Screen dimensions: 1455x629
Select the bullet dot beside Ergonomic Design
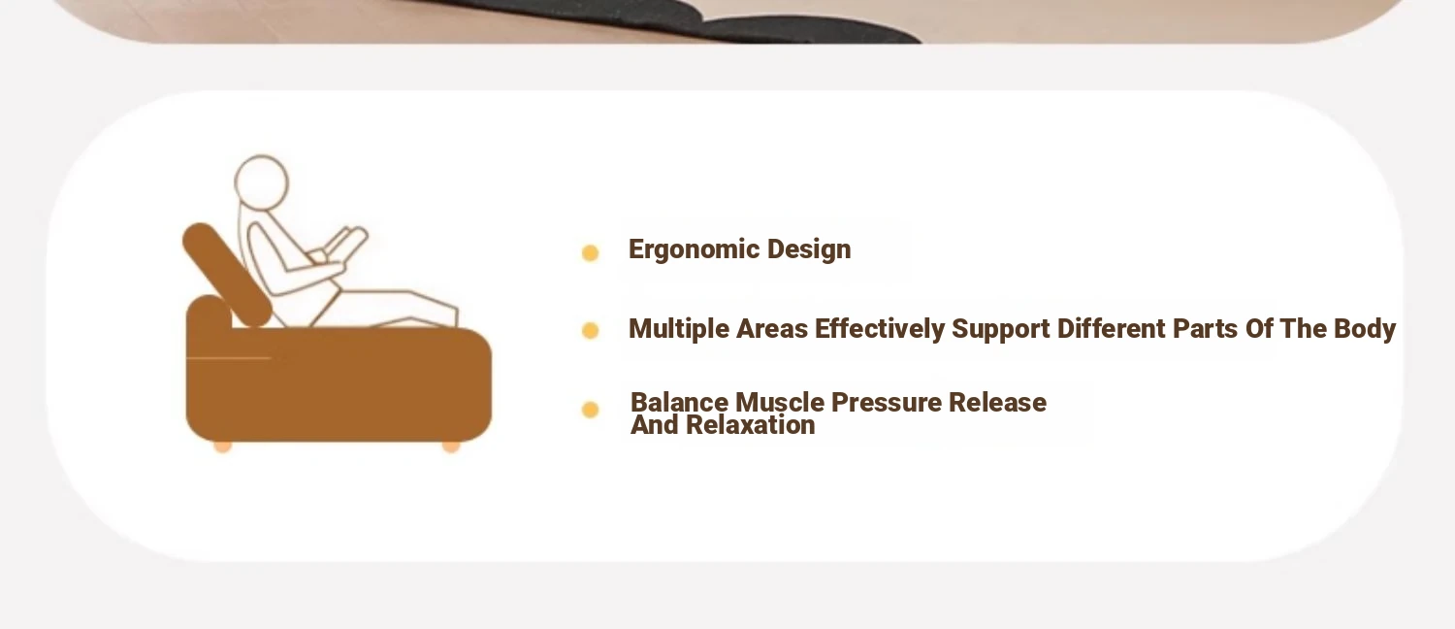point(590,252)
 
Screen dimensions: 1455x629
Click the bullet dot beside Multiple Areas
point(590,331)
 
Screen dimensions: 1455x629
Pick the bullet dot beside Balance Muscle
point(590,410)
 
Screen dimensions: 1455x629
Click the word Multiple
point(679,329)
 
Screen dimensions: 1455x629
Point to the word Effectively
point(880,329)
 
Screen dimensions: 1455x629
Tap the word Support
point(1000,329)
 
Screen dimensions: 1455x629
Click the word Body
point(1364,329)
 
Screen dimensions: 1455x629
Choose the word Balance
point(679,403)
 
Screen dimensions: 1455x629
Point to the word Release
point(997,403)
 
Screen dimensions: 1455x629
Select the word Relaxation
point(750,425)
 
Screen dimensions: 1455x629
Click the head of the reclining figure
point(261,182)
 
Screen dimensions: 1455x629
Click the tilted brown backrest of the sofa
point(227,274)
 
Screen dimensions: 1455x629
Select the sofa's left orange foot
point(223,447)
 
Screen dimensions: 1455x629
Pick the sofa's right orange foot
point(451,447)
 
